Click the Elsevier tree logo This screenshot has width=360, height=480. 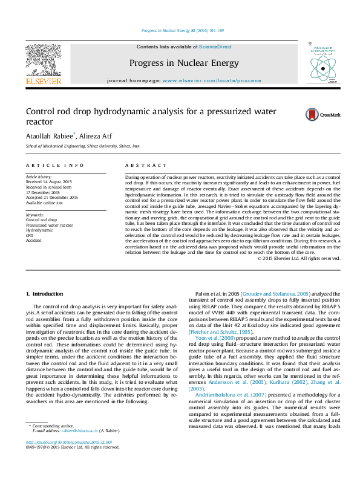[43, 60]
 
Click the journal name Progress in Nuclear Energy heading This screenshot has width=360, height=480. [173, 62]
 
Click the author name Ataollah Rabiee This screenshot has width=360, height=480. [49, 136]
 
